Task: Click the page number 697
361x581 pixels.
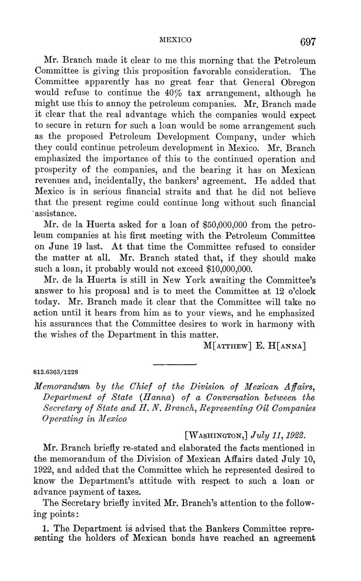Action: [308, 42]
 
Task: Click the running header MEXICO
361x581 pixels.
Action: [176, 40]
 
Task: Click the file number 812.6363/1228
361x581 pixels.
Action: [56, 372]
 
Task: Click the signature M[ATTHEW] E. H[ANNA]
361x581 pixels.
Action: [254, 346]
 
